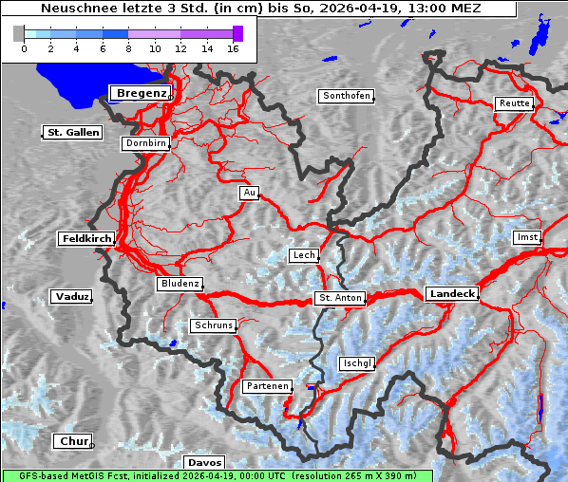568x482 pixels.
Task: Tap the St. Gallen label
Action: click(x=72, y=133)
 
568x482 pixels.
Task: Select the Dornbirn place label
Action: click(x=146, y=144)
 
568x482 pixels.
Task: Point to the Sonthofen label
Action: click(x=346, y=96)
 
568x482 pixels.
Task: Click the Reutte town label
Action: click(x=513, y=103)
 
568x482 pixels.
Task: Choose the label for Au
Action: click(x=249, y=193)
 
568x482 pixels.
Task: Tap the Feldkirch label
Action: click(x=86, y=239)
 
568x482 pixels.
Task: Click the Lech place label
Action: click(x=304, y=255)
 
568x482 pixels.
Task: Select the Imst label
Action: click(x=525, y=236)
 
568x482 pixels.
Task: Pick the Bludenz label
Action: click(x=180, y=284)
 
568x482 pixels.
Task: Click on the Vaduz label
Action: click(x=71, y=297)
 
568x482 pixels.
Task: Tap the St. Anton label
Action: click(x=340, y=298)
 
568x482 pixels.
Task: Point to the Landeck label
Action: click(x=452, y=294)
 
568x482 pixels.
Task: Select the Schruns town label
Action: click(x=213, y=325)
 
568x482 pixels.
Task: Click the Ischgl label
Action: click(x=357, y=363)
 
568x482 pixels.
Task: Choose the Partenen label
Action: click(x=266, y=386)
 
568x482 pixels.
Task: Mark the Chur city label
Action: click(x=73, y=441)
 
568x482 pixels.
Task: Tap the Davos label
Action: click(x=204, y=462)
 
